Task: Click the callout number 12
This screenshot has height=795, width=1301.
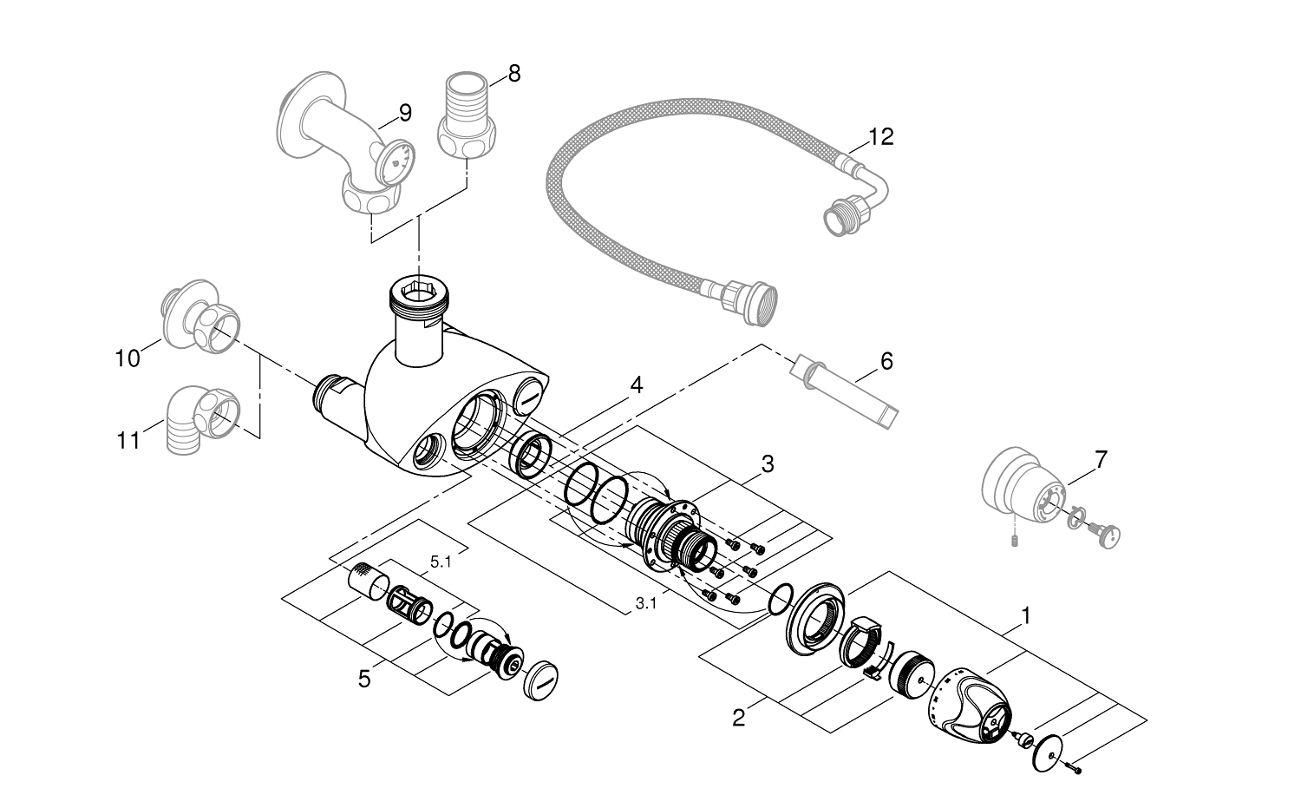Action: tap(880, 137)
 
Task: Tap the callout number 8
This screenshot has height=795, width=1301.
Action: tap(514, 73)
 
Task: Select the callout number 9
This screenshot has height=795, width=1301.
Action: tap(405, 113)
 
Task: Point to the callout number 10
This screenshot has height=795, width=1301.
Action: tap(127, 358)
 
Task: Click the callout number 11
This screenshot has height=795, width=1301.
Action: tap(128, 441)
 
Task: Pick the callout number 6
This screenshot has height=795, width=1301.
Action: tap(886, 360)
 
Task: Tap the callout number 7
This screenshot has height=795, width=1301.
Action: tap(1101, 460)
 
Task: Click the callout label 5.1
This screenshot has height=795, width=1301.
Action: tap(441, 562)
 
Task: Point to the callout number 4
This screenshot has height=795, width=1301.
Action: tap(637, 384)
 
